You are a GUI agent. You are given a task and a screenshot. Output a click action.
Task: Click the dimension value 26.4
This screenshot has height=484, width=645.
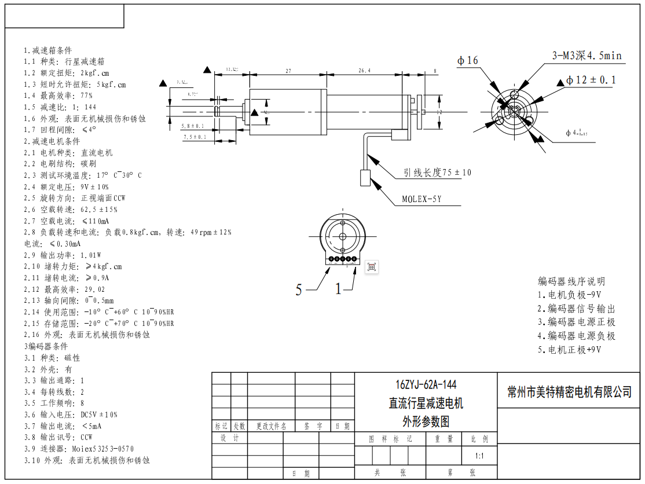364,71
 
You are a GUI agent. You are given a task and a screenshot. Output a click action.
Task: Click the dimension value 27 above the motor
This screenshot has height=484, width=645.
288,71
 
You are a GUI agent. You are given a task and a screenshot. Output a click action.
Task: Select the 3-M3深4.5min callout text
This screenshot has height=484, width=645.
587,56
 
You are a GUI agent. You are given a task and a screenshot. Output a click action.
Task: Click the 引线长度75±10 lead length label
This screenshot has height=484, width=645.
438,173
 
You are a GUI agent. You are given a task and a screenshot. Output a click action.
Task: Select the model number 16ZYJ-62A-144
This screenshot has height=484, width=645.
426,385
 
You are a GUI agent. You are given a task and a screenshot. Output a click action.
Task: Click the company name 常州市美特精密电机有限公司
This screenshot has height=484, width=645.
569,392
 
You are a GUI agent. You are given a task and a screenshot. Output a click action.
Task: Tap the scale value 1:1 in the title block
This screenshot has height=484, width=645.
479,456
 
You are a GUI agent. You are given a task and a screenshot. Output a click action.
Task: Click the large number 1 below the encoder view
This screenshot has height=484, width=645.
339,289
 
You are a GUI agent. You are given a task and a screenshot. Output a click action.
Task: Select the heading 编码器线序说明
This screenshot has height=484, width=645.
571,282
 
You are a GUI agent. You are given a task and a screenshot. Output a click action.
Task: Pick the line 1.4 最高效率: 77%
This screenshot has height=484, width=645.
58,96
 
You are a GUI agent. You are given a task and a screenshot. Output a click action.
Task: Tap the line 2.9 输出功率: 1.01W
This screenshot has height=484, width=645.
63,255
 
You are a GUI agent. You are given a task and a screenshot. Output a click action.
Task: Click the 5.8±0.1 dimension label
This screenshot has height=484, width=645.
193,126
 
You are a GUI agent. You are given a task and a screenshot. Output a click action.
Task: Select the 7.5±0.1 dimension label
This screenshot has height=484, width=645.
195,137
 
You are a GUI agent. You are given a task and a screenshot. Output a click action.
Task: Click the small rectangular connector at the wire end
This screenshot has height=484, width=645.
365,178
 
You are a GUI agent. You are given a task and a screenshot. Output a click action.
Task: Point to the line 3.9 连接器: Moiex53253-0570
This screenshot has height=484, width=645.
79,449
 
